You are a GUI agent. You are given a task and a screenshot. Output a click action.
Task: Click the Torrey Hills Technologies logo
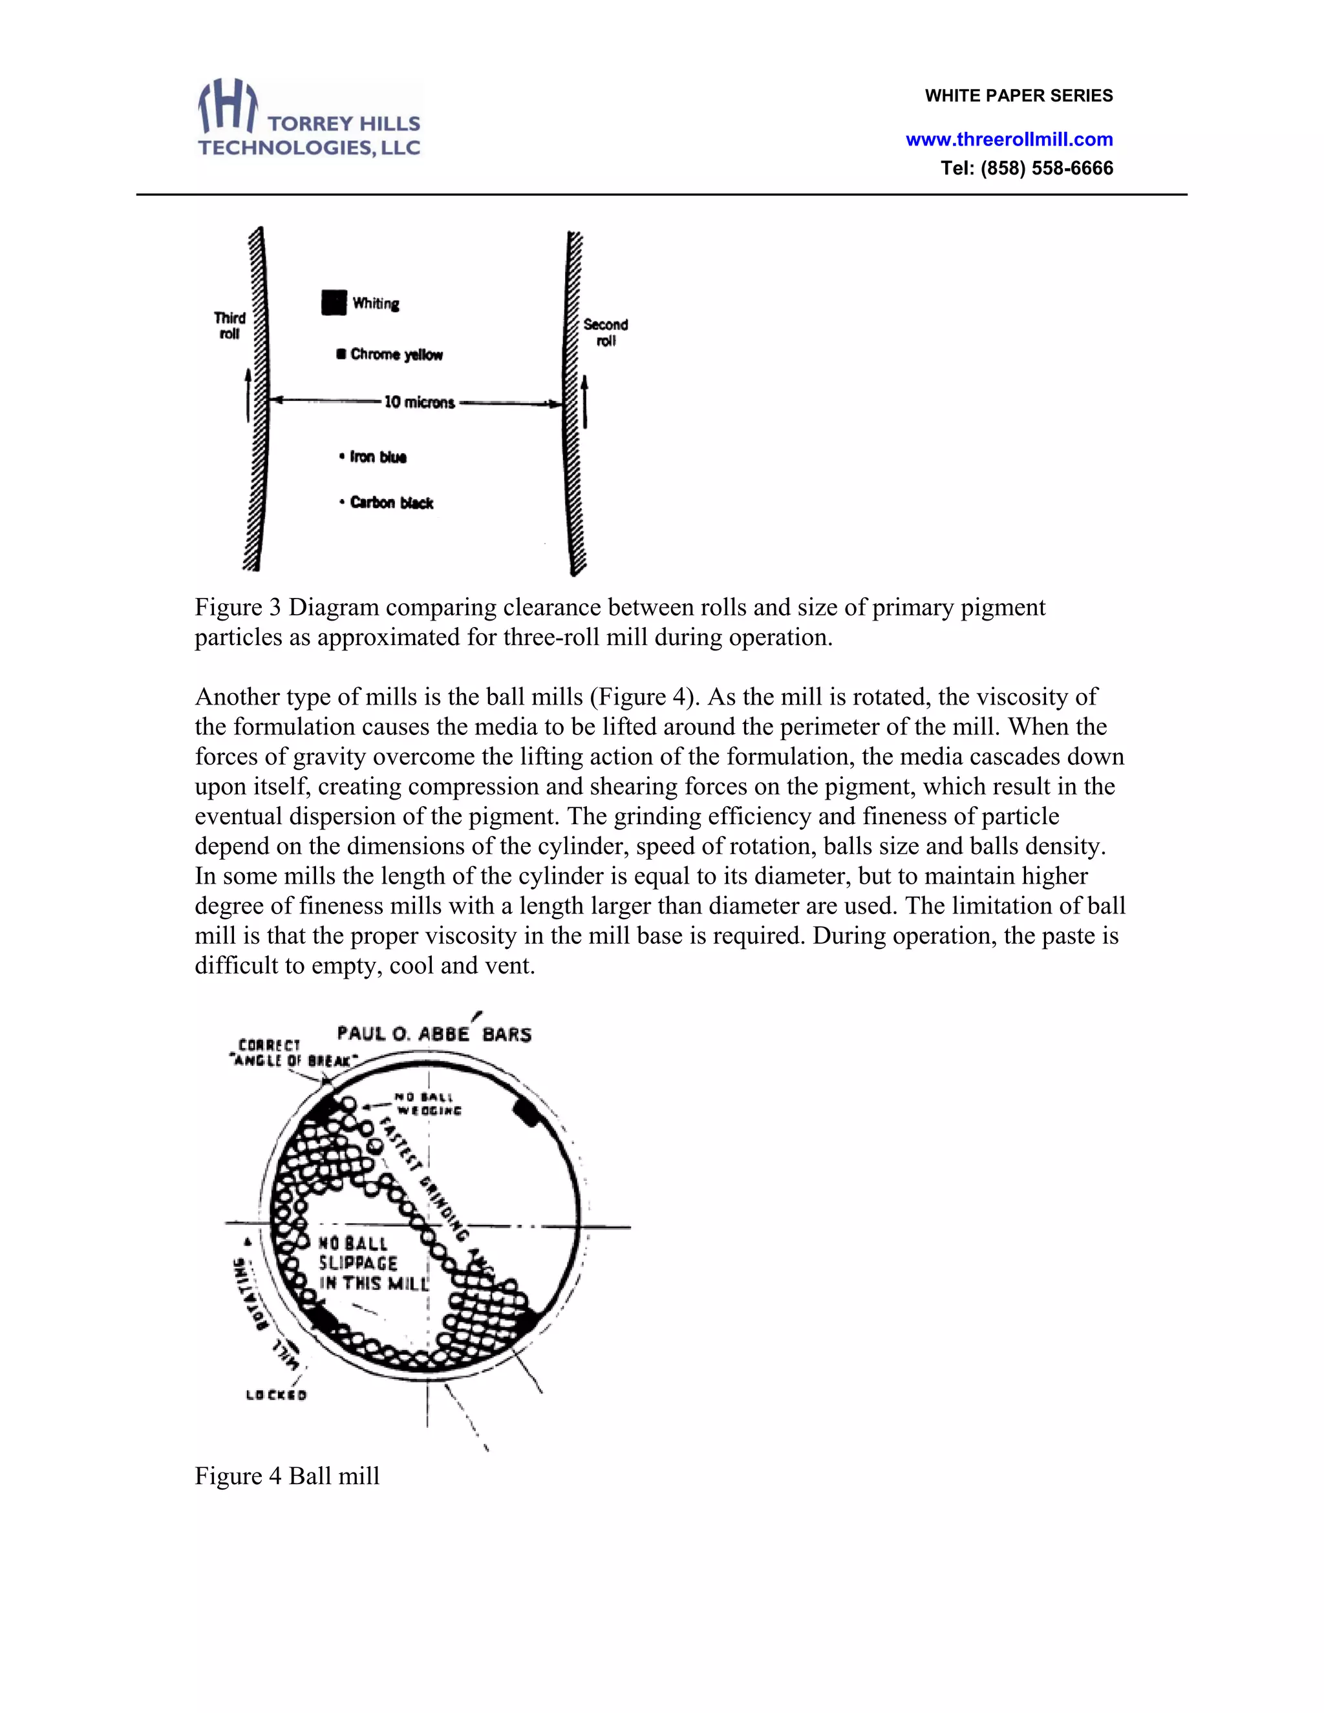tap(309, 119)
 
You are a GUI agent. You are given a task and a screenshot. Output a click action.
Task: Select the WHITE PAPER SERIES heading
tap(1018, 96)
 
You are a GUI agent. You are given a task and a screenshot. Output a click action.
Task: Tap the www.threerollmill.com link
tap(1009, 140)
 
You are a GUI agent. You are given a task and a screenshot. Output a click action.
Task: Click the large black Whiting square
tap(334, 302)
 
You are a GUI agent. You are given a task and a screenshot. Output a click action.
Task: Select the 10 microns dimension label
tap(419, 402)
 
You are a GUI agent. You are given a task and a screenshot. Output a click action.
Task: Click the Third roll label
tap(229, 326)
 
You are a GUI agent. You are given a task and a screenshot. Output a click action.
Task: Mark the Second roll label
tap(606, 332)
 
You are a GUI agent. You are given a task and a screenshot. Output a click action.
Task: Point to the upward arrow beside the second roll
tap(585, 401)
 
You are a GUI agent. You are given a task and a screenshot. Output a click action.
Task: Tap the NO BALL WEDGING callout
tap(427, 1103)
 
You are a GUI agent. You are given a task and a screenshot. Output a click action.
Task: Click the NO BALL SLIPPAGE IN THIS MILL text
tap(372, 1264)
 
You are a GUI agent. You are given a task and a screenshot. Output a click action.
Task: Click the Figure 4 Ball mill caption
tap(287, 1475)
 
